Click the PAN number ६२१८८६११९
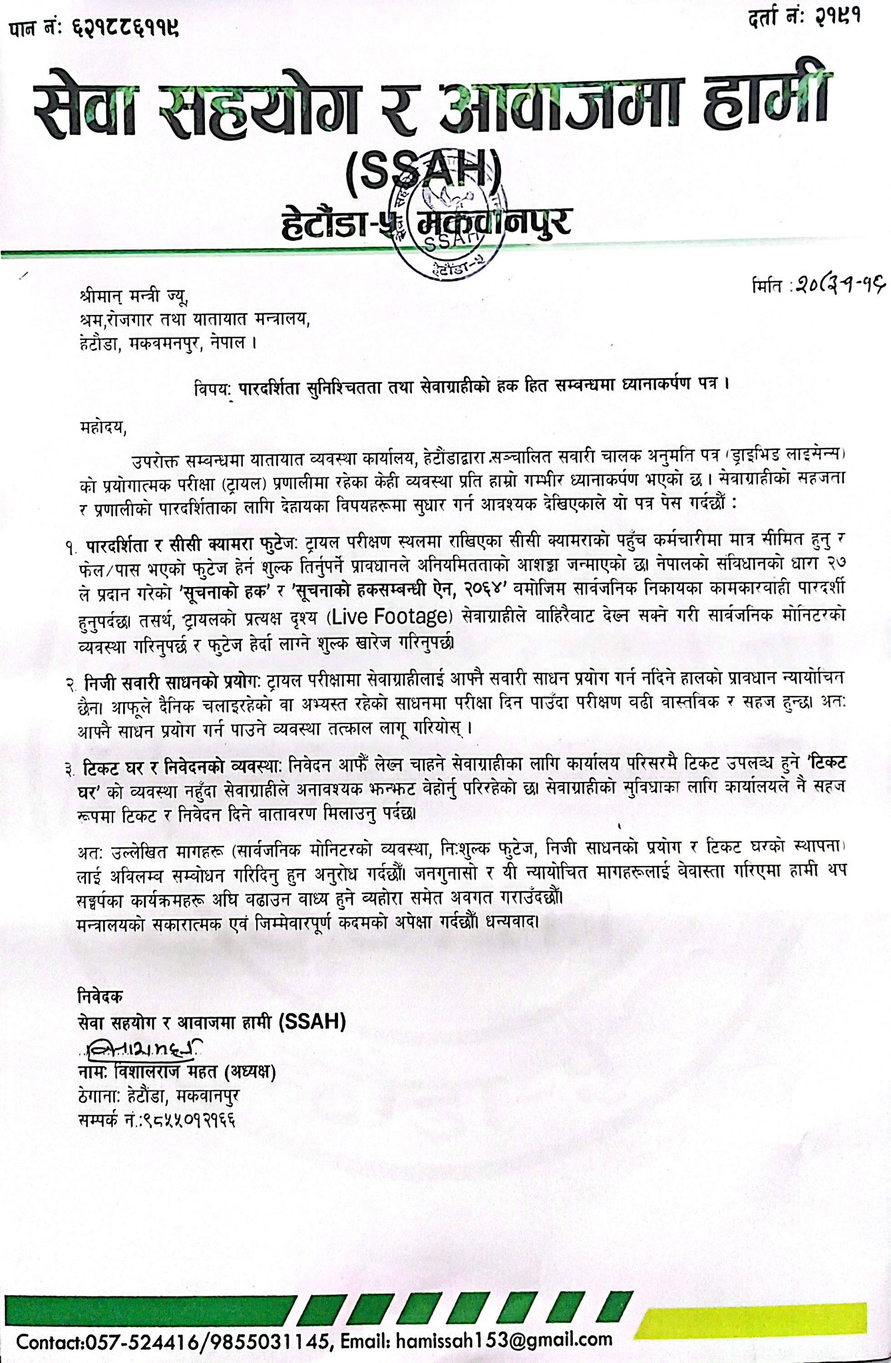click(124, 29)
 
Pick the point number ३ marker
click(71, 770)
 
